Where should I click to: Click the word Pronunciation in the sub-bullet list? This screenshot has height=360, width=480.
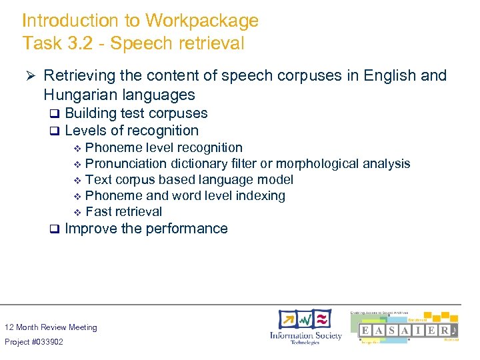tap(127, 163)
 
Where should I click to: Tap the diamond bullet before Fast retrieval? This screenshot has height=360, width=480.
tap(77, 212)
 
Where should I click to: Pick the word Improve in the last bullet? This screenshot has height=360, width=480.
tap(91, 229)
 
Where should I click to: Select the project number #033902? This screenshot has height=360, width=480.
tap(51, 342)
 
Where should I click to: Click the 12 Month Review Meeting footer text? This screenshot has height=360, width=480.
tap(51, 327)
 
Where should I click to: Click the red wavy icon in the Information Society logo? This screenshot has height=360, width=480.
tap(322, 318)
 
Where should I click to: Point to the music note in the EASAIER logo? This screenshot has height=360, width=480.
tap(453, 331)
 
